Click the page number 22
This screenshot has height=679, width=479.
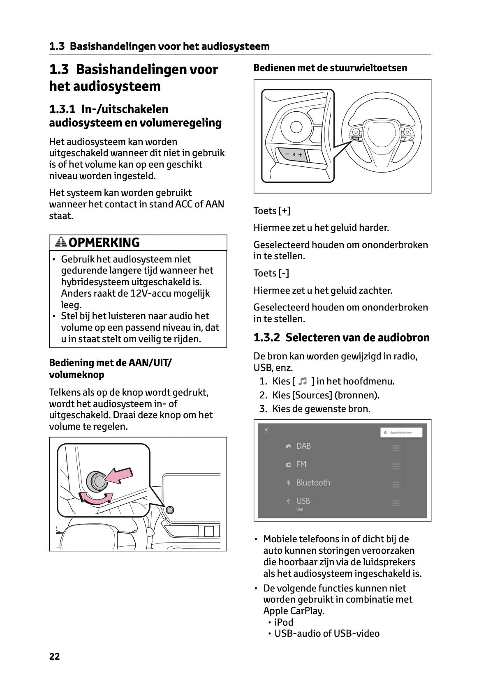pos(54,656)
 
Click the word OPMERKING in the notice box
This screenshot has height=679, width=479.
pos(104,242)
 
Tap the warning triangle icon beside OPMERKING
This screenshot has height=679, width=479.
pos(61,242)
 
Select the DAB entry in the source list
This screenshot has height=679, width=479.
pos(303,446)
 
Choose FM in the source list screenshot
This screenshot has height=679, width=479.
pos(301,464)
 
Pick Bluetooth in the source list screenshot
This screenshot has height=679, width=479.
pos(313,483)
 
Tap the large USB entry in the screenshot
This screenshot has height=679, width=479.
pos(303,501)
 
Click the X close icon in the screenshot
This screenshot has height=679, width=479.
pos(266,430)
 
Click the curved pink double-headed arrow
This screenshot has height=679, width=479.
pos(96,498)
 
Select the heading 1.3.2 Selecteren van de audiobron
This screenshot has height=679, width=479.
pos(341,338)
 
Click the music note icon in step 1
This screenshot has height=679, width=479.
pos(303,382)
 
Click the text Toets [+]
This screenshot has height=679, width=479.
pos(272,211)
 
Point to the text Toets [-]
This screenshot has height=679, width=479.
pos(271,273)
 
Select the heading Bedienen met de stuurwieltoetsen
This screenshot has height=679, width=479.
pos(330,68)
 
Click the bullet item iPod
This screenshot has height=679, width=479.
pos(284,622)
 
